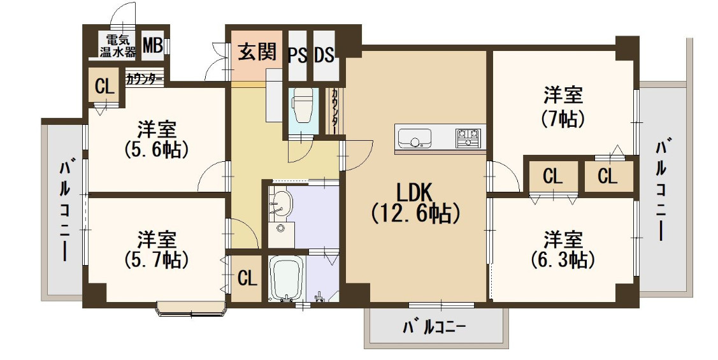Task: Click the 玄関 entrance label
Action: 257,52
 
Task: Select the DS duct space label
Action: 324,55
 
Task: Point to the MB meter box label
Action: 152,46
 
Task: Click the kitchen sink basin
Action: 414,138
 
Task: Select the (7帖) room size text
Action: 563,118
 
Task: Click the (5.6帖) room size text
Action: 157,150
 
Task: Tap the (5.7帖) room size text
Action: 157,259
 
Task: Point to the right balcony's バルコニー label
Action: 662,191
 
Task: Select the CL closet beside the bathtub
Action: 247,278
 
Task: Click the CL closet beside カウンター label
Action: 104,86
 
